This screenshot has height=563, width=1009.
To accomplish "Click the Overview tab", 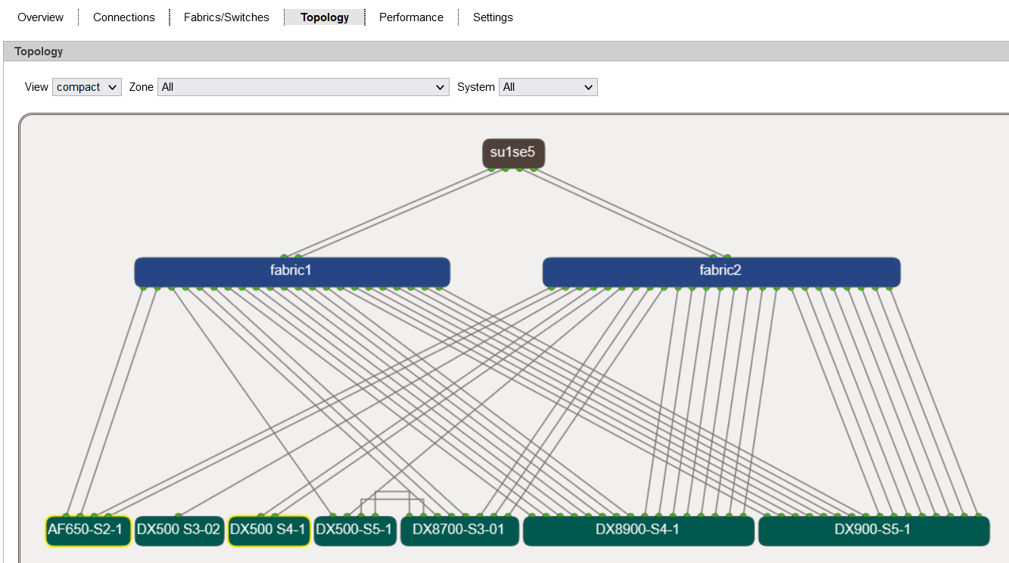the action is (40, 17).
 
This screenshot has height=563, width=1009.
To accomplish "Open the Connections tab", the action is (124, 17).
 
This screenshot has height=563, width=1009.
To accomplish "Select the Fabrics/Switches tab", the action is (226, 17).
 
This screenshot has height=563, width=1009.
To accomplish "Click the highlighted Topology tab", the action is (324, 17).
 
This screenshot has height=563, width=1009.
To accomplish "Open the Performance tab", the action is (411, 17).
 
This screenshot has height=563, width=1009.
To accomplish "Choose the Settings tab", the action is (493, 17).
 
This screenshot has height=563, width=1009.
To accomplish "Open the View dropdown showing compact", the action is (87, 87).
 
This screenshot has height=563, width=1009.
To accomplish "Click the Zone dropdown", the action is (303, 87).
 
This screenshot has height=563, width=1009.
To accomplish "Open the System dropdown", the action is (548, 87).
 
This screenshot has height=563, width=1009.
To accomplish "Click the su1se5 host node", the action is (513, 153).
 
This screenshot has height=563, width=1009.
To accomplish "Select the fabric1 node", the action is (292, 272).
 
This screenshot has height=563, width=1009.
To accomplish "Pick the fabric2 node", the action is (721, 272).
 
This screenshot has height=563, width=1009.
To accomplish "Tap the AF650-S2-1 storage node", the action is (89, 530).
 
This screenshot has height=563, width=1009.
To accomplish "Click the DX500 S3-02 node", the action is (179, 530).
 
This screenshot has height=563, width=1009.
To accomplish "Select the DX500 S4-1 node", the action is (269, 530).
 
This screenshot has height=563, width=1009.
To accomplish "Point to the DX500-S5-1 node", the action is (355, 530).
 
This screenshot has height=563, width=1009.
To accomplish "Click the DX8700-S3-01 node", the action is (459, 530).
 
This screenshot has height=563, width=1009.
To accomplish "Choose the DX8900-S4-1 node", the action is (638, 530).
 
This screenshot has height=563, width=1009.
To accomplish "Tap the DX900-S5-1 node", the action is (874, 530).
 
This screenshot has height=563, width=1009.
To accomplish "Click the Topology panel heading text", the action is (39, 51).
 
